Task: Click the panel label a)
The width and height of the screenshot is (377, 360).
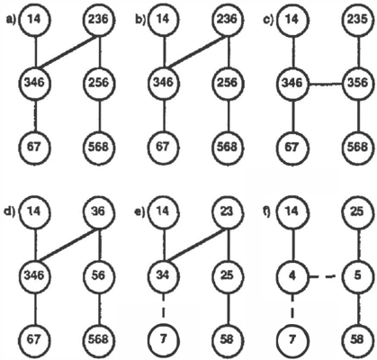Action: [11, 20]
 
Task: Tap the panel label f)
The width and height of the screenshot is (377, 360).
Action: [267, 212]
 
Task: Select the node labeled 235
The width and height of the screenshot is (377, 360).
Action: [358, 20]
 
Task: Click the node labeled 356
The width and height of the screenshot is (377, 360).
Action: [358, 83]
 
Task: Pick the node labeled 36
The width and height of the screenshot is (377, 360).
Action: [99, 211]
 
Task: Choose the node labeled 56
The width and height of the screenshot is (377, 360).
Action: [99, 275]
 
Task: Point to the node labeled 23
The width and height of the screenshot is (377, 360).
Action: [227, 211]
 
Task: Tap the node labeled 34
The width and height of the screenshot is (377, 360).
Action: [163, 275]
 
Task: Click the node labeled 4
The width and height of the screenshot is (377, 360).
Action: [292, 275]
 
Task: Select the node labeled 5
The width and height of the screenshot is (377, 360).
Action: [358, 275]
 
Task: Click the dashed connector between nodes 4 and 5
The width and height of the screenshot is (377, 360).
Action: [325, 276]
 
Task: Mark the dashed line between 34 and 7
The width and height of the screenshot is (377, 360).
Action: [164, 308]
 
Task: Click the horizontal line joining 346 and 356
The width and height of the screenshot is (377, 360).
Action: [325, 84]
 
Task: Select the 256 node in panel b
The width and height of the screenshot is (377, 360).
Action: [227, 83]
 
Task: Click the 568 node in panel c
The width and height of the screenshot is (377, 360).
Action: [358, 147]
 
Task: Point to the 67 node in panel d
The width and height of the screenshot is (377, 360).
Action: [34, 339]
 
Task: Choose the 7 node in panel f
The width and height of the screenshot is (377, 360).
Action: [292, 339]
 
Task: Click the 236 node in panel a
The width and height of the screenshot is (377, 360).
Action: [99, 20]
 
